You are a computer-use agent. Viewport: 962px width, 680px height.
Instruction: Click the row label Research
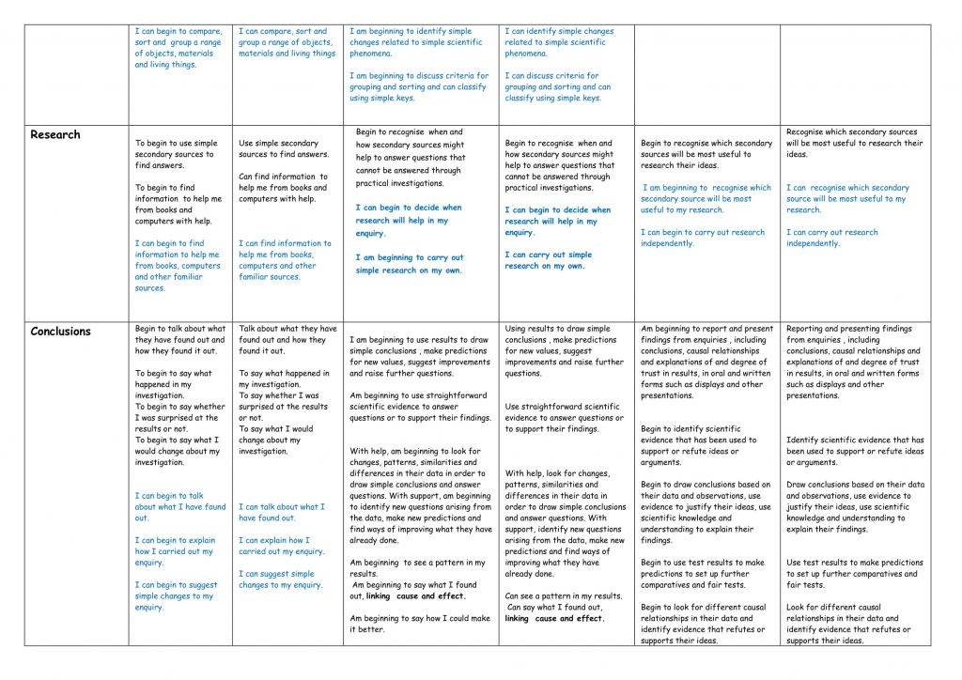[x=55, y=134]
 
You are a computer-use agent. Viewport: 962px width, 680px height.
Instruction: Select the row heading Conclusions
[x=61, y=332]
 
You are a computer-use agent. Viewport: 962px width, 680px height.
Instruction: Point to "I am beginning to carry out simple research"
[x=409, y=264]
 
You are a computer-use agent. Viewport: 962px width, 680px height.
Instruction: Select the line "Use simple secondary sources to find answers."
[x=284, y=149]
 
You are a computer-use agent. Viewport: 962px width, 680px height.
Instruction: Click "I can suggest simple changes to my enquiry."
[x=280, y=580]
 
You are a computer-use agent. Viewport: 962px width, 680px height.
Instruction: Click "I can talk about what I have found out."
[x=281, y=512]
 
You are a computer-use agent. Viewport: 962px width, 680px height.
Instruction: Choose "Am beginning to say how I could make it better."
[x=420, y=624]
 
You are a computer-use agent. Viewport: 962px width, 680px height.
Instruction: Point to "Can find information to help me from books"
[x=283, y=187]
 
